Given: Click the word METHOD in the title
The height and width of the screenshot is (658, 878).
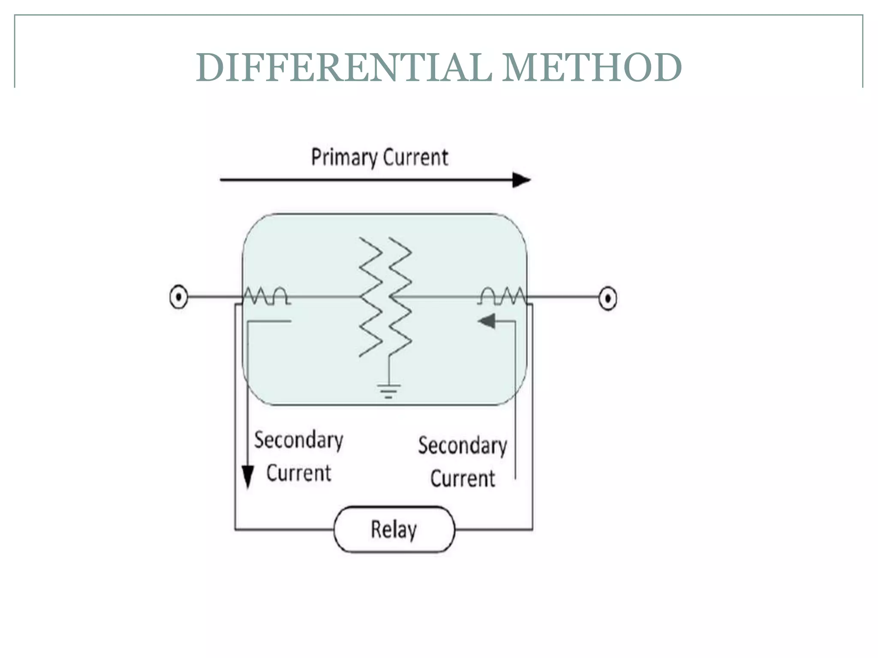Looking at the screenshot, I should [x=591, y=68].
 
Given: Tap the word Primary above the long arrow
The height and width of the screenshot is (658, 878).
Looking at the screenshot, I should [x=343, y=158].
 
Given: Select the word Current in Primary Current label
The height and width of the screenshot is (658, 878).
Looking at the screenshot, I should [x=415, y=157].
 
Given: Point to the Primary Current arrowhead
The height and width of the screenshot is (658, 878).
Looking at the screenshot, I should [x=521, y=180].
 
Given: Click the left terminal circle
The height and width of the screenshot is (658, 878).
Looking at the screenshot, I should [x=179, y=296].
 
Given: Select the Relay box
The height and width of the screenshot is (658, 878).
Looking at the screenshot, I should [x=394, y=529].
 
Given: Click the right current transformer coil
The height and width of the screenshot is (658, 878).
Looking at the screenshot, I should [x=502, y=296].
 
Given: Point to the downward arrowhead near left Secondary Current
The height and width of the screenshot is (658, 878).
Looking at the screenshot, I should [x=248, y=476].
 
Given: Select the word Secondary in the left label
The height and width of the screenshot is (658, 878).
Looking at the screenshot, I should [x=299, y=440].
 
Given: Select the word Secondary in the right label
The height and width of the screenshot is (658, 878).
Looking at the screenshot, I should [x=463, y=446].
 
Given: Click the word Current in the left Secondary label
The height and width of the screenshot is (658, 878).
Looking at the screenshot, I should [x=299, y=473].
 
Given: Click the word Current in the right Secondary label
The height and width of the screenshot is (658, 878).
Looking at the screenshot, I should [x=463, y=479].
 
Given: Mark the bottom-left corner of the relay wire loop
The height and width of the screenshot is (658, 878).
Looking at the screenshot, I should [x=235, y=529].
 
